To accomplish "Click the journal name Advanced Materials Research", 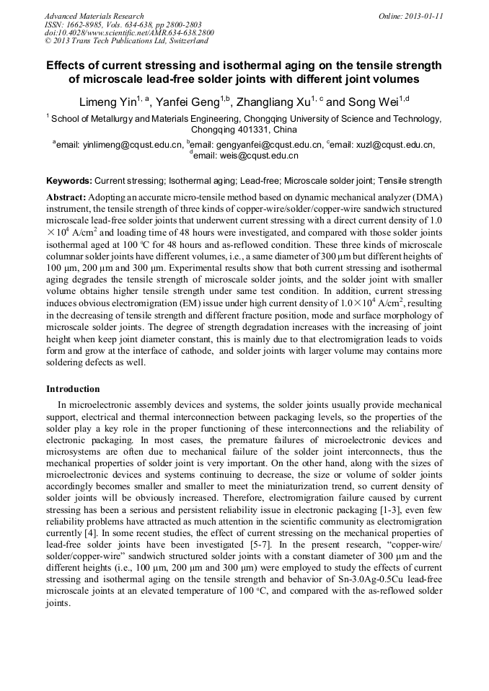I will pos(94,16).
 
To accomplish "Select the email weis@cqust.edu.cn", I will pos(245,155).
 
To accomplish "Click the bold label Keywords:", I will pos(69,181).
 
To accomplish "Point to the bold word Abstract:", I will pos(66,197).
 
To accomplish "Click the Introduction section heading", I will pos(73,389).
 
